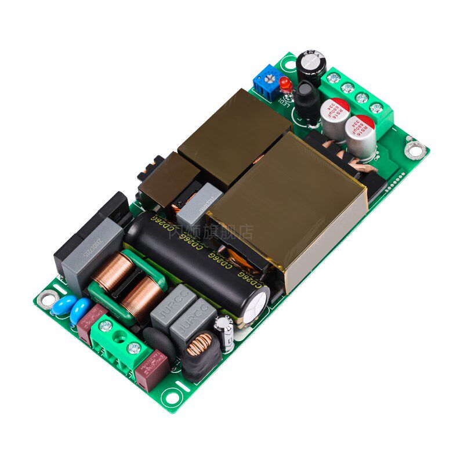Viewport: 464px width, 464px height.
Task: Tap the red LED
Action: [x=285, y=85]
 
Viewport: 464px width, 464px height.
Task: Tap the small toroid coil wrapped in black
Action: [x=200, y=351]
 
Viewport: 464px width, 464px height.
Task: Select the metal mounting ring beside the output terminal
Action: [x=415, y=150]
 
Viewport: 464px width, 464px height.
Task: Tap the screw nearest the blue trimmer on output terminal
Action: [x=333, y=78]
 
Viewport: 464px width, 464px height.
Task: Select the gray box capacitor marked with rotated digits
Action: [x=90, y=255]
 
